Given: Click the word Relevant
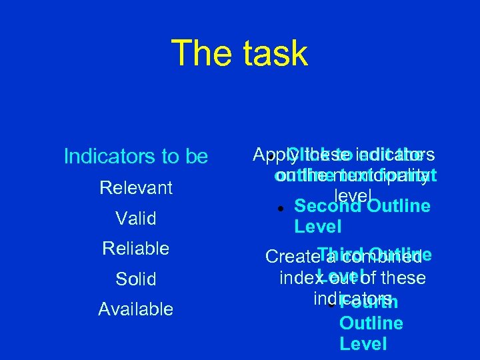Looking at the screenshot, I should click(x=136, y=188).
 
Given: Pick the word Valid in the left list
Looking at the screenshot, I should click(x=135, y=219).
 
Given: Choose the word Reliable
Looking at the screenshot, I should click(x=135, y=249).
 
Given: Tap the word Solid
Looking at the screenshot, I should click(x=135, y=279).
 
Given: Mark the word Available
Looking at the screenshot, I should click(x=135, y=309).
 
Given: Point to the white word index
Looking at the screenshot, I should click(x=297, y=277).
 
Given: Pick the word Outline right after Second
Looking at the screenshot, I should click(x=398, y=206).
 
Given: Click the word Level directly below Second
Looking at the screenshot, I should click(x=317, y=227).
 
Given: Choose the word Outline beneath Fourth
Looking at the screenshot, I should click(x=371, y=323).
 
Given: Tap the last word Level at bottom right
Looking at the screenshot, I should click(x=363, y=344).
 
